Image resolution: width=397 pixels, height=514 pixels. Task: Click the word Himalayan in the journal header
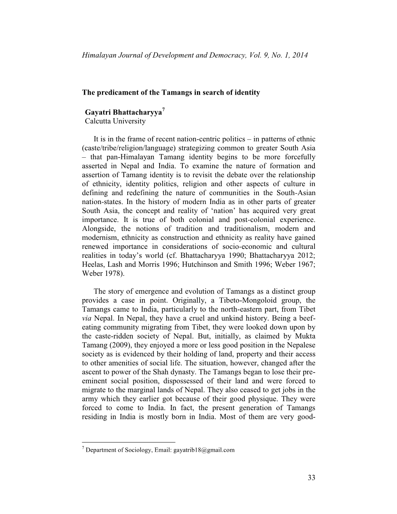98,56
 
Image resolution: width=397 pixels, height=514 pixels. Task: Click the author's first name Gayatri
98,113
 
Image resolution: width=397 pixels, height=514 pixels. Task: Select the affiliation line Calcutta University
115,121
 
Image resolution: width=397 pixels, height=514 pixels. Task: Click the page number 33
311,478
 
